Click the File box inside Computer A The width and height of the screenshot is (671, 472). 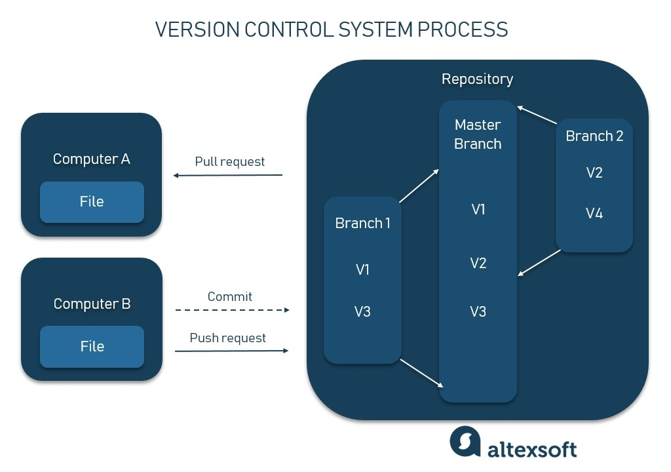[92, 202]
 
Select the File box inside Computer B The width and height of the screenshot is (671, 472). [92, 346]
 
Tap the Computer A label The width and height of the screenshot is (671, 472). [92, 159]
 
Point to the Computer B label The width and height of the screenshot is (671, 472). [92, 304]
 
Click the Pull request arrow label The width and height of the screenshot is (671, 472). [229, 161]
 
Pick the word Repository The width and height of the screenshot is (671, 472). [477, 79]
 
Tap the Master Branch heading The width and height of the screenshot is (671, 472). [478, 134]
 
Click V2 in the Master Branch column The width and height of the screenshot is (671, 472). [478, 263]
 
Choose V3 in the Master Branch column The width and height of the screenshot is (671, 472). [478, 311]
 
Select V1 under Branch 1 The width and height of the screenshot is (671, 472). [362, 269]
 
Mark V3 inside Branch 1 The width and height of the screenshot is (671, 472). [362, 311]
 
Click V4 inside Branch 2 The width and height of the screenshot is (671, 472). [594, 214]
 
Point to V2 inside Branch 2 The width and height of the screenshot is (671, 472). [594, 173]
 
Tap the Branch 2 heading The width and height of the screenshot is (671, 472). [594, 136]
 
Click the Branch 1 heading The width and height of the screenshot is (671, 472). [362, 224]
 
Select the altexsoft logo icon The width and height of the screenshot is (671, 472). [465, 442]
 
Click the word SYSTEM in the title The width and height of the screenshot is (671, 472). [373, 29]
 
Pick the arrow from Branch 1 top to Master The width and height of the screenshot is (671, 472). [419, 186]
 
